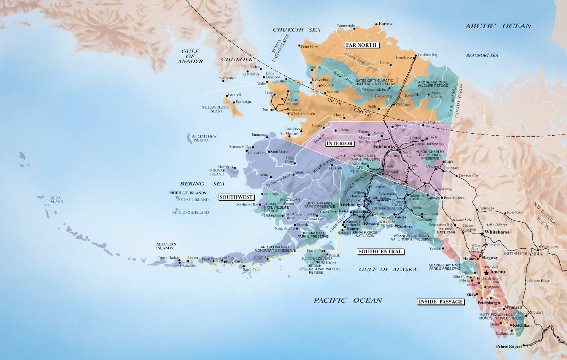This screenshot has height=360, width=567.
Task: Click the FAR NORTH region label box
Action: point(362,45)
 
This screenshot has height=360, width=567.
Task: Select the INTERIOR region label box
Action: point(340,143)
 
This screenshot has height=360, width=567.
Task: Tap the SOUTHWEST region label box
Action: point(236,197)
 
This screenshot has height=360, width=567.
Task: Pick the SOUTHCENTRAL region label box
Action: point(380,252)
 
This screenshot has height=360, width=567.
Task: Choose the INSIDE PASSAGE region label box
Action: point(440,301)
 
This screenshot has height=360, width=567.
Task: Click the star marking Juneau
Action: point(487,273)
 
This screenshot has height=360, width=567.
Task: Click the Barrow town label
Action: point(385,24)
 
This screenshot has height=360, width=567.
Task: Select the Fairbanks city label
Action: point(383,147)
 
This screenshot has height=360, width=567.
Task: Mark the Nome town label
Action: point(268,110)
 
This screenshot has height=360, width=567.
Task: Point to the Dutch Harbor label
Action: point(168,258)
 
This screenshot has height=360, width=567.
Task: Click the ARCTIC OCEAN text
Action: point(498,26)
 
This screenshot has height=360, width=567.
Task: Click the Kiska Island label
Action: point(56,200)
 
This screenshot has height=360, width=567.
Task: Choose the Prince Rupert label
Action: point(508,347)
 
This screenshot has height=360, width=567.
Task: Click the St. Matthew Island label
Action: point(204,138)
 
